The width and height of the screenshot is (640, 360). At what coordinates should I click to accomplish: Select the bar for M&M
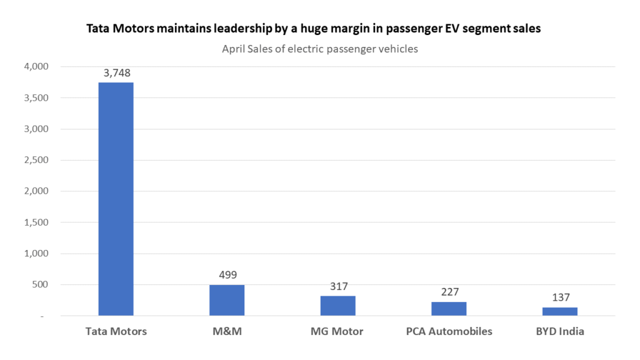(x=227, y=301)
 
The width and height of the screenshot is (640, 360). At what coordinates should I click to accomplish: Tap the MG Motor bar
(x=338, y=306)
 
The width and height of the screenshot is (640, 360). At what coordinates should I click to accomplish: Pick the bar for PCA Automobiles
(x=449, y=309)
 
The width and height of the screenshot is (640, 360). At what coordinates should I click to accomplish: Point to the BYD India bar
(x=560, y=312)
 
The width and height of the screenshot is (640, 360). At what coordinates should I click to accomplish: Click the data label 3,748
(x=117, y=73)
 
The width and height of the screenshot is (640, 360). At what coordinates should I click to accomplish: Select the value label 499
(x=227, y=275)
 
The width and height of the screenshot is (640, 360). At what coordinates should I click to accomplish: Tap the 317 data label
(x=338, y=286)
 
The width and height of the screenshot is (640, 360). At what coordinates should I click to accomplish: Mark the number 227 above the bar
(x=449, y=292)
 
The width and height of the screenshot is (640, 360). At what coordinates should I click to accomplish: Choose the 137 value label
(x=560, y=297)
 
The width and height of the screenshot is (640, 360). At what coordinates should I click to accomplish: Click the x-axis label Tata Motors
(x=116, y=331)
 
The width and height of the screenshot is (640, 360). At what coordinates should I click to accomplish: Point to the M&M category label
(x=227, y=331)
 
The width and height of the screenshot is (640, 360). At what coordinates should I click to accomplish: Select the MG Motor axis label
(x=338, y=331)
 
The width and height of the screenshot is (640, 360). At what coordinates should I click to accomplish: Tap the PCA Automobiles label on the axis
(x=449, y=331)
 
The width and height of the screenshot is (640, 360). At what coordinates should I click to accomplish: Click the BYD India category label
(x=560, y=331)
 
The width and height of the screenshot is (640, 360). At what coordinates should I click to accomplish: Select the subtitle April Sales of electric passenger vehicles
(x=320, y=49)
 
